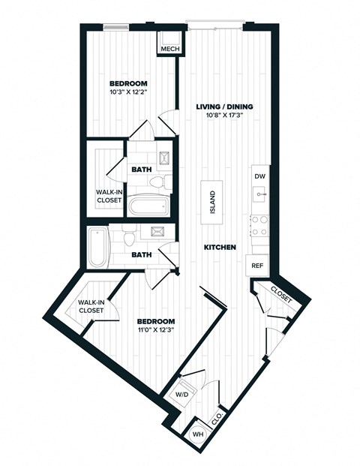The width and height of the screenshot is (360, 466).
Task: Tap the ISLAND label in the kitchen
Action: (212, 201)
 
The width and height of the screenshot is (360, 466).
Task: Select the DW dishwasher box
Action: (259, 176)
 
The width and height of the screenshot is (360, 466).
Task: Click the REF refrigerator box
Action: (256, 266)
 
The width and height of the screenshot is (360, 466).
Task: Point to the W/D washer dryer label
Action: (182, 395)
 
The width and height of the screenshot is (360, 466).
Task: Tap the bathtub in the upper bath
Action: (147, 206)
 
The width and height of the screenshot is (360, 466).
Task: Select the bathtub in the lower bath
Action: (98, 248)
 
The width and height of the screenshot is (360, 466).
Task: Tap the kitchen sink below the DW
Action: (259, 194)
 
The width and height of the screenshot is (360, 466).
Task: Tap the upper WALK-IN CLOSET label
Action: (109, 196)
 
